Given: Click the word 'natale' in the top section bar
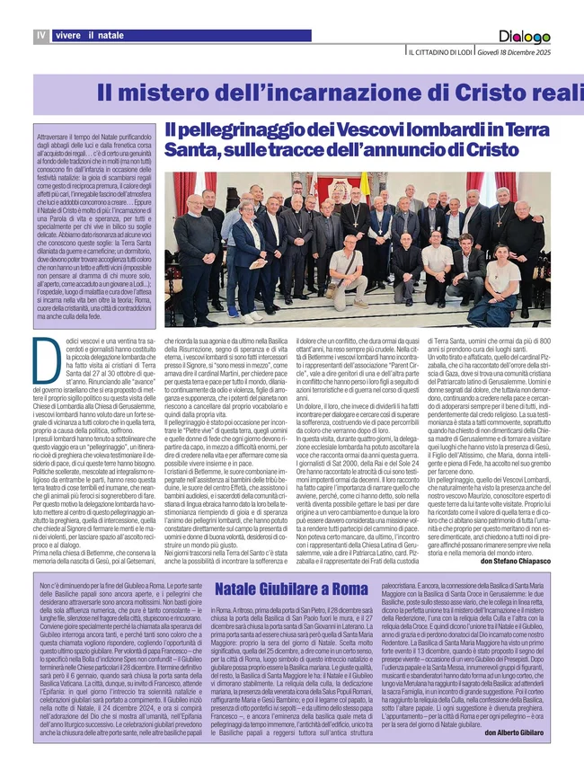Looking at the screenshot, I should tap(112, 35).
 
